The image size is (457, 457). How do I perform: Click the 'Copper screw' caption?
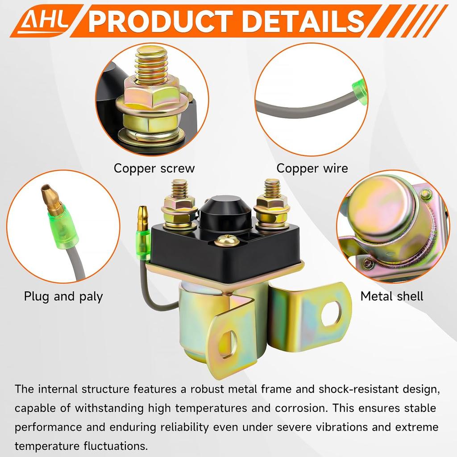154,168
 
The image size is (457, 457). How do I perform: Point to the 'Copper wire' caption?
312,168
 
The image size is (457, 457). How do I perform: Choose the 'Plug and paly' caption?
63,296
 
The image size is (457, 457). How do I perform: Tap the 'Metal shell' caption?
392,296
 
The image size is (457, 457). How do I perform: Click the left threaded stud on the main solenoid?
179,189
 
